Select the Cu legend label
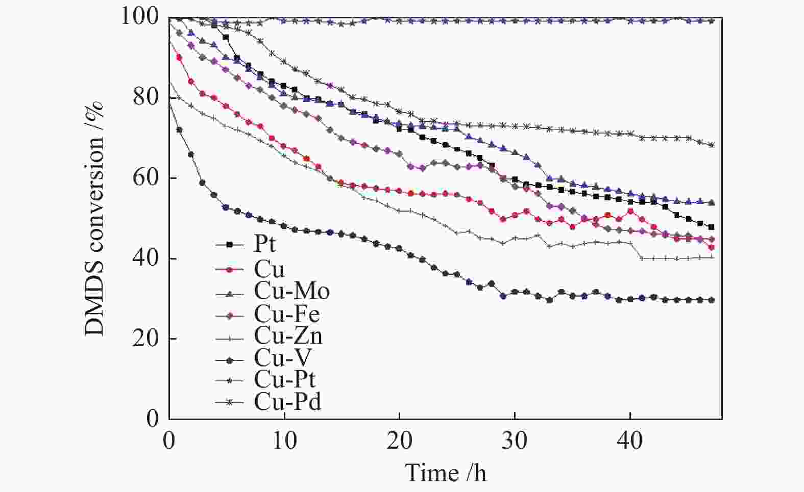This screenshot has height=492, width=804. point(269,269)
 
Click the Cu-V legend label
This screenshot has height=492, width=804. point(282,358)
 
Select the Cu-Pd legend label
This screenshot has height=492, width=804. point(287,402)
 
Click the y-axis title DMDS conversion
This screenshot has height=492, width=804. point(94,218)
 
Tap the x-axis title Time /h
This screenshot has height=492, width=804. point(445,473)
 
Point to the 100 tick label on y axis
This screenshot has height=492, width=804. point(139,17)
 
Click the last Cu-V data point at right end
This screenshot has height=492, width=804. point(712,300)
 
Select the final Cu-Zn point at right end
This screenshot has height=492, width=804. point(712,257)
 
